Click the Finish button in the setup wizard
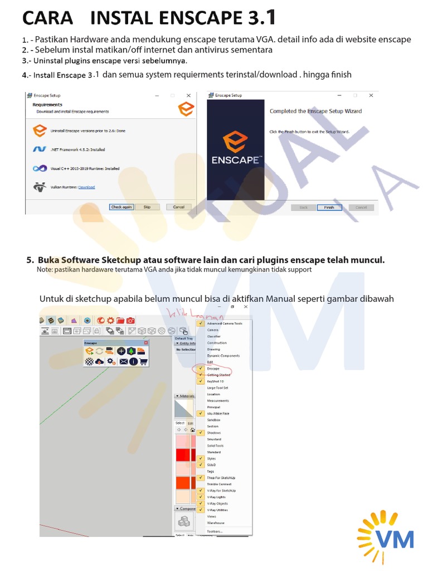pos(329,207)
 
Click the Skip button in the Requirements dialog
pos(147,207)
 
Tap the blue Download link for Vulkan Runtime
pos(86,187)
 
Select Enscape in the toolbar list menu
pos(213,369)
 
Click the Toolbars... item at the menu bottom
pos(215,531)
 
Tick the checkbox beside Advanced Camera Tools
pos(200,323)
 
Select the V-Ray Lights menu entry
pos(216,497)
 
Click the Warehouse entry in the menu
pos(216,523)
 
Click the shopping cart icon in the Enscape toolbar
pos(144,361)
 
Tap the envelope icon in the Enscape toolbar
pos(123,361)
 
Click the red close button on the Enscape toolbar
pos(146,343)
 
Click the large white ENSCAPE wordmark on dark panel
pos(235,160)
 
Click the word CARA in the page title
pos(47,18)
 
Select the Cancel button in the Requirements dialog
pos(178,207)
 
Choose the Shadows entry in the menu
pos(213,433)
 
